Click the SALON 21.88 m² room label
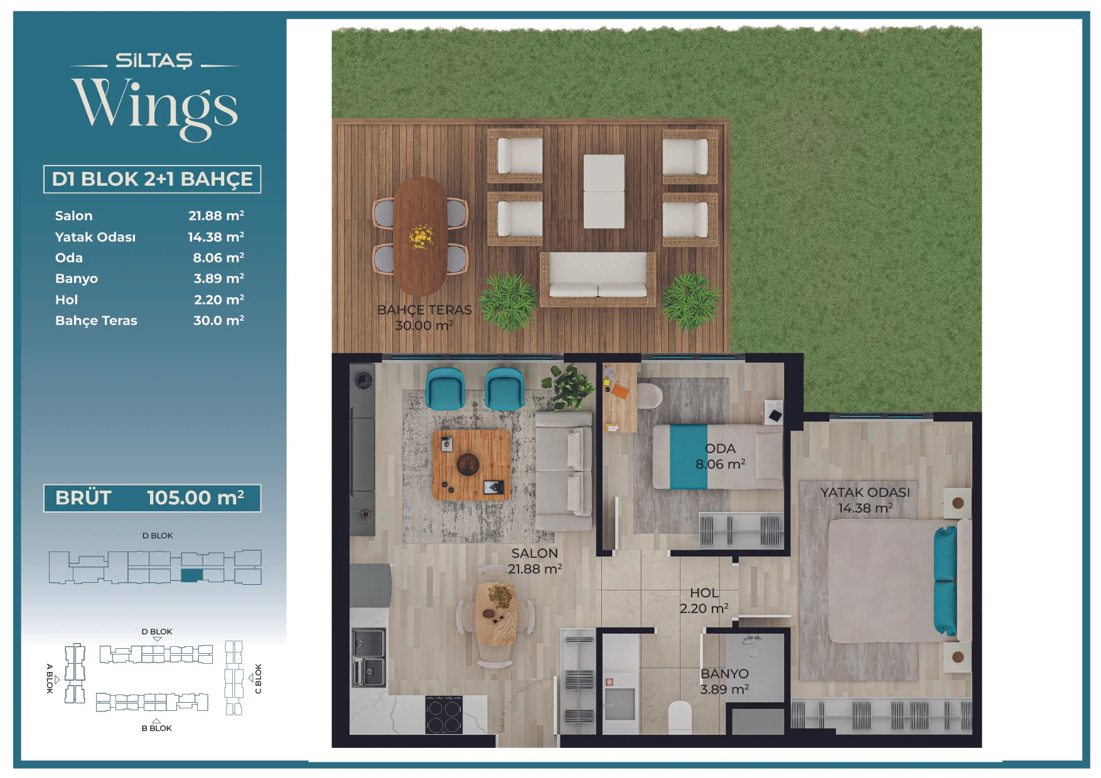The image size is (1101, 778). click(x=535, y=561)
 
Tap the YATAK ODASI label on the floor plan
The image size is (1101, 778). click(x=865, y=493)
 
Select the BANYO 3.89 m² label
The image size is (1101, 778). click(x=724, y=681)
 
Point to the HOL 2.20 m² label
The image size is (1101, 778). click(x=704, y=600)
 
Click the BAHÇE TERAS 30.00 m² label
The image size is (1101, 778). click(x=424, y=317)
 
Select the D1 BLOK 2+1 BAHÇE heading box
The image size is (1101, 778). click(x=152, y=179)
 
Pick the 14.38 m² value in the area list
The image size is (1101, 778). click(x=216, y=237)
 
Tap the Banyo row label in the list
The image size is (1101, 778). click(x=77, y=279)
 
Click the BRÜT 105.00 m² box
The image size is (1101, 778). click(x=152, y=498)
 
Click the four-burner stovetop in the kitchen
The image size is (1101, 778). click(x=444, y=715)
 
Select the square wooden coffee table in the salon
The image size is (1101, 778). click(x=471, y=465)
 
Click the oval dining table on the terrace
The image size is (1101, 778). click(x=420, y=236)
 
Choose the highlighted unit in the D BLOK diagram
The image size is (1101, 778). click(x=192, y=575)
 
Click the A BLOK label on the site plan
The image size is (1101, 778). click(x=50, y=678)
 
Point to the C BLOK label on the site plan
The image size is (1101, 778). click(x=258, y=678)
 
